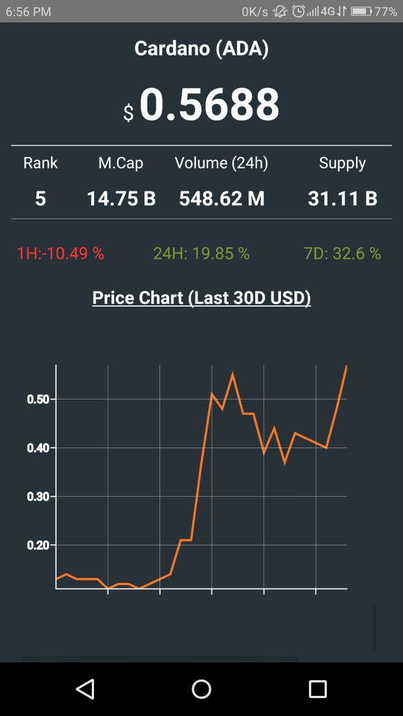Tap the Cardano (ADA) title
(201, 49)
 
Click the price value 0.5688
(209, 105)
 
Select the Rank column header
(40, 163)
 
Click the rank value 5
(40, 199)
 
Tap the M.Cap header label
(121, 163)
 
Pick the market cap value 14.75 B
(121, 199)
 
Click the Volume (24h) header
(222, 163)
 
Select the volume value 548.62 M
(222, 199)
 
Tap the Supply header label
(342, 163)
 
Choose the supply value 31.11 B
(343, 199)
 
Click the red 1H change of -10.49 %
(60, 254)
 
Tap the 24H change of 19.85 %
(201, 254)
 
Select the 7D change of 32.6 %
(343, 254)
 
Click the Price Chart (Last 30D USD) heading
(201, 298)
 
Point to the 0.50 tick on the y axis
(38, 399)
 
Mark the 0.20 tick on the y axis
(38, 545)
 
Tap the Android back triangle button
(85, 689)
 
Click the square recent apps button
(318, 689)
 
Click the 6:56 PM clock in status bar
(29, 12)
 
